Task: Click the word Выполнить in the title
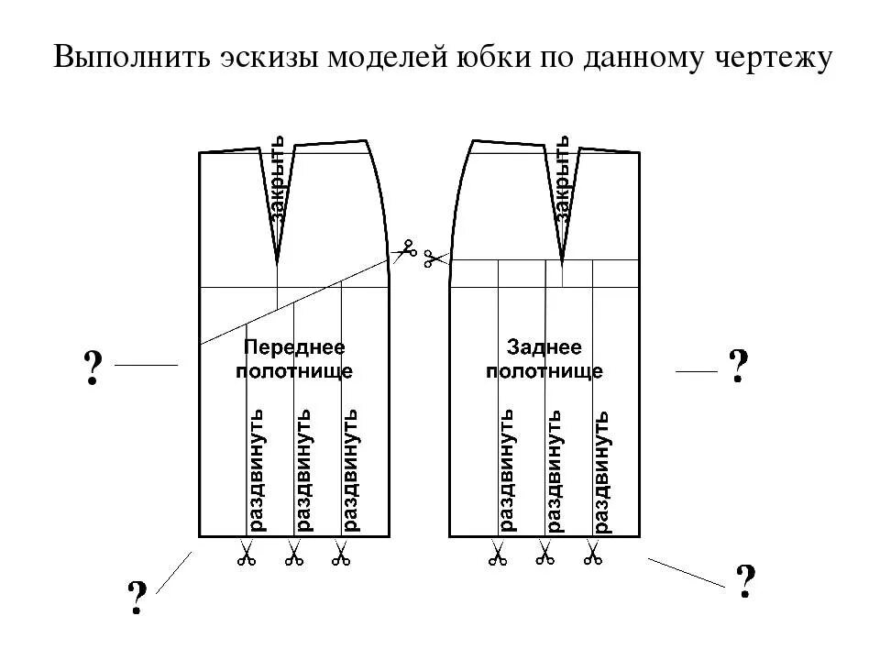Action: (x=125, y=58)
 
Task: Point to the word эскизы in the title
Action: (x=247, y=58)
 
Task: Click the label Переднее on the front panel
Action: (x=293, y=348)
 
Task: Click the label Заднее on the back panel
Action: (x=544, y=348)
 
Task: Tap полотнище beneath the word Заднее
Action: (x=544, y=371)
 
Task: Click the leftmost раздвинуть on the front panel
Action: (x=257, y=469)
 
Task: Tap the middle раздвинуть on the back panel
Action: (x=555, y=469)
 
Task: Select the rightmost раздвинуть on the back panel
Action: (x=602, y=469)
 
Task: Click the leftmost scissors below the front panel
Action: (x=246, y=554)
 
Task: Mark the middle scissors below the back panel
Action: (x=544, y=554)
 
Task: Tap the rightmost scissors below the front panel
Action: (x=341, y=554)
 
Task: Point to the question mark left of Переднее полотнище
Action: (x=92, y=368)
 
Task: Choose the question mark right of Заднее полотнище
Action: (x=739, y=368)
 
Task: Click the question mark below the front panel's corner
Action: (x=137, y=599)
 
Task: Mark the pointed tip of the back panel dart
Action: (x=562, y=260)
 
